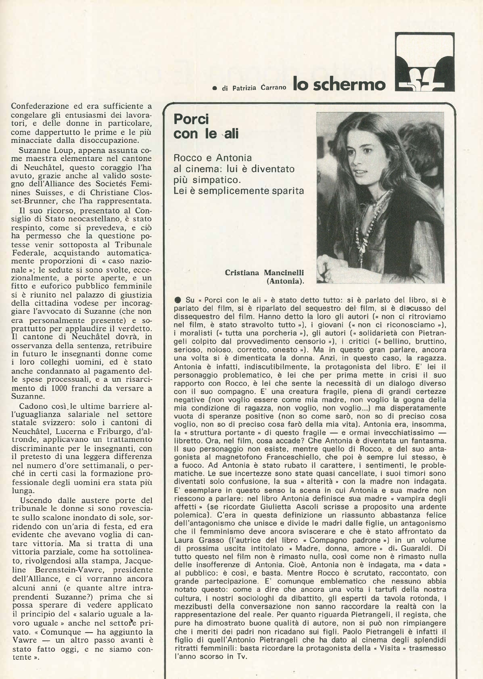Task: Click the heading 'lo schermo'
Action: (339, 84)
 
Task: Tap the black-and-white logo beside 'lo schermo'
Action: (424, 62)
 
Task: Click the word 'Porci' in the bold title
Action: (191, 119)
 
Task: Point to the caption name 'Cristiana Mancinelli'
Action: (264, 273)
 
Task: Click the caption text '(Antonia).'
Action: (285, 281)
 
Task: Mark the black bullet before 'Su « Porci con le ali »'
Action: (178, 300)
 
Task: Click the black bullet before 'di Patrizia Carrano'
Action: (215, 88)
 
